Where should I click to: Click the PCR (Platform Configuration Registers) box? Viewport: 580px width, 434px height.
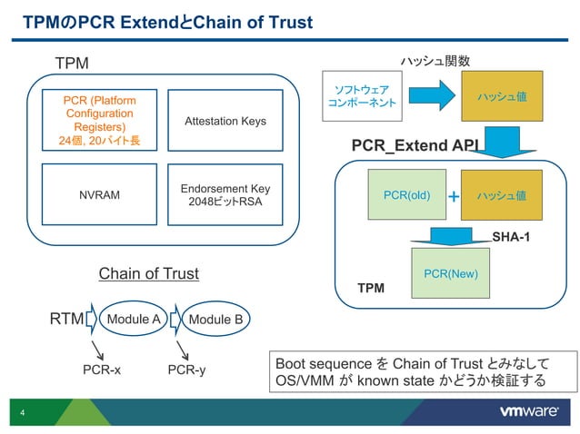[99, 119]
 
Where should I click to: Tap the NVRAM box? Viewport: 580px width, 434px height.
[99, 194]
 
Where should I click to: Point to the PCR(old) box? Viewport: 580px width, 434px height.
[406, 194]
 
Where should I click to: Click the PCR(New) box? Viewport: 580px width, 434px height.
[451, 273]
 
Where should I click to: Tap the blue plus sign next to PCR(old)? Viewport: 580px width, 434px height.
[453, 196]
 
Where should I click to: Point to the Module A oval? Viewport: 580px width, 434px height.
[135, 319]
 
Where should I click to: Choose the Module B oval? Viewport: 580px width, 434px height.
[215, 319]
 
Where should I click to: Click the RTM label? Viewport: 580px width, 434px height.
[65, 319]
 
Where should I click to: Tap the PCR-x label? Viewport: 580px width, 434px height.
[101, 370]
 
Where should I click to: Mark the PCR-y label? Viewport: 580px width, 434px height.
[187, 370]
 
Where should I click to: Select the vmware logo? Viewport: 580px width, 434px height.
[529, 411]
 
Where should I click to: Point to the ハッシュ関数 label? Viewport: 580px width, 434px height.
[435, 61]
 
